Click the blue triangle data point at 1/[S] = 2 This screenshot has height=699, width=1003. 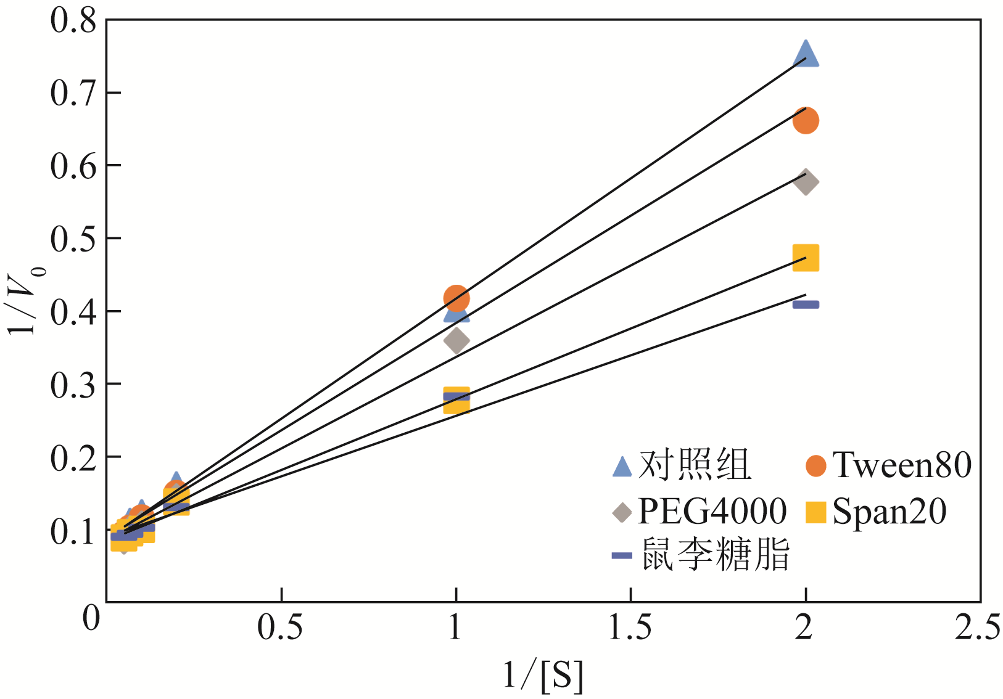pyautogui.click(x=805, y=54)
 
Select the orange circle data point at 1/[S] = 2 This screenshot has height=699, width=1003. pyautogui.click(x=806, y=120)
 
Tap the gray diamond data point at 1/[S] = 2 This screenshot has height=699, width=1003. pyautogui.click(x=806, y=182)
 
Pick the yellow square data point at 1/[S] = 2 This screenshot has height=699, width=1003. pyautogui.click(x=806, y=258)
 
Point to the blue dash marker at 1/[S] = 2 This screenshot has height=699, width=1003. pyautogui.click(x=806, y=305)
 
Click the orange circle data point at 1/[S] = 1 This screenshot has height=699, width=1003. pyautogui.click(x=456, y=298)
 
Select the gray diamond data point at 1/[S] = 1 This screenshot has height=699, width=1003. pyautogui.click(x=456, y=340)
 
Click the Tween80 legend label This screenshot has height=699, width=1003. pyautogui.click(x=901, y=465)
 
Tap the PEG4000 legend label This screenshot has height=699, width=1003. pyautogui.click(x=712, y=511)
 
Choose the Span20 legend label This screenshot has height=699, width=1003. pyautogui.click(x=889, y=511)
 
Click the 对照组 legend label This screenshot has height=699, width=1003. pyautogui.click(x=695, y=465)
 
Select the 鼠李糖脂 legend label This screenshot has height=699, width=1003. pyautogui.click(x=716, y=555)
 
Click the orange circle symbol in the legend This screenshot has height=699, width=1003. pyautogui.click(x=815, y=466)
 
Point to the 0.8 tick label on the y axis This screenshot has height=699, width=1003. pyautogui.click(x=73, y=20)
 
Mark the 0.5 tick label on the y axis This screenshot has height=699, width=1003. pyautogui.click(x=73, y=239)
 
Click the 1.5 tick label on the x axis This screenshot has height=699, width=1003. pyautogui.click(x=630, y=627)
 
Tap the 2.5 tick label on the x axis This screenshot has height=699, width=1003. pyautogui.click(x=978, y=627)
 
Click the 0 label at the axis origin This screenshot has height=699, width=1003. pyautogui.click(x=91, y=618)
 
